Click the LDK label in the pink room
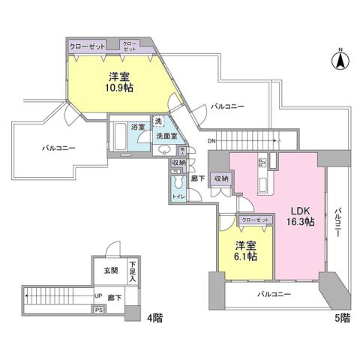pyautogui.click(x=298, y=209)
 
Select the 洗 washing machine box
pyautogui.click(x=159, y=121)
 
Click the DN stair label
pyautogui.click(x=211, y=141)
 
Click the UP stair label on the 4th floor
pyautogui.click(x=97, y=295)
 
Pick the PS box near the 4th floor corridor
pyautogui.click(x=98, y=309)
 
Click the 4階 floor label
pyautogui.click(x=154, y=317)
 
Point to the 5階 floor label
pyautogui.click(x=341, y=317)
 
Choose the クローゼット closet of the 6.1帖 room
pyautogui.click(x=255, y=220)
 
